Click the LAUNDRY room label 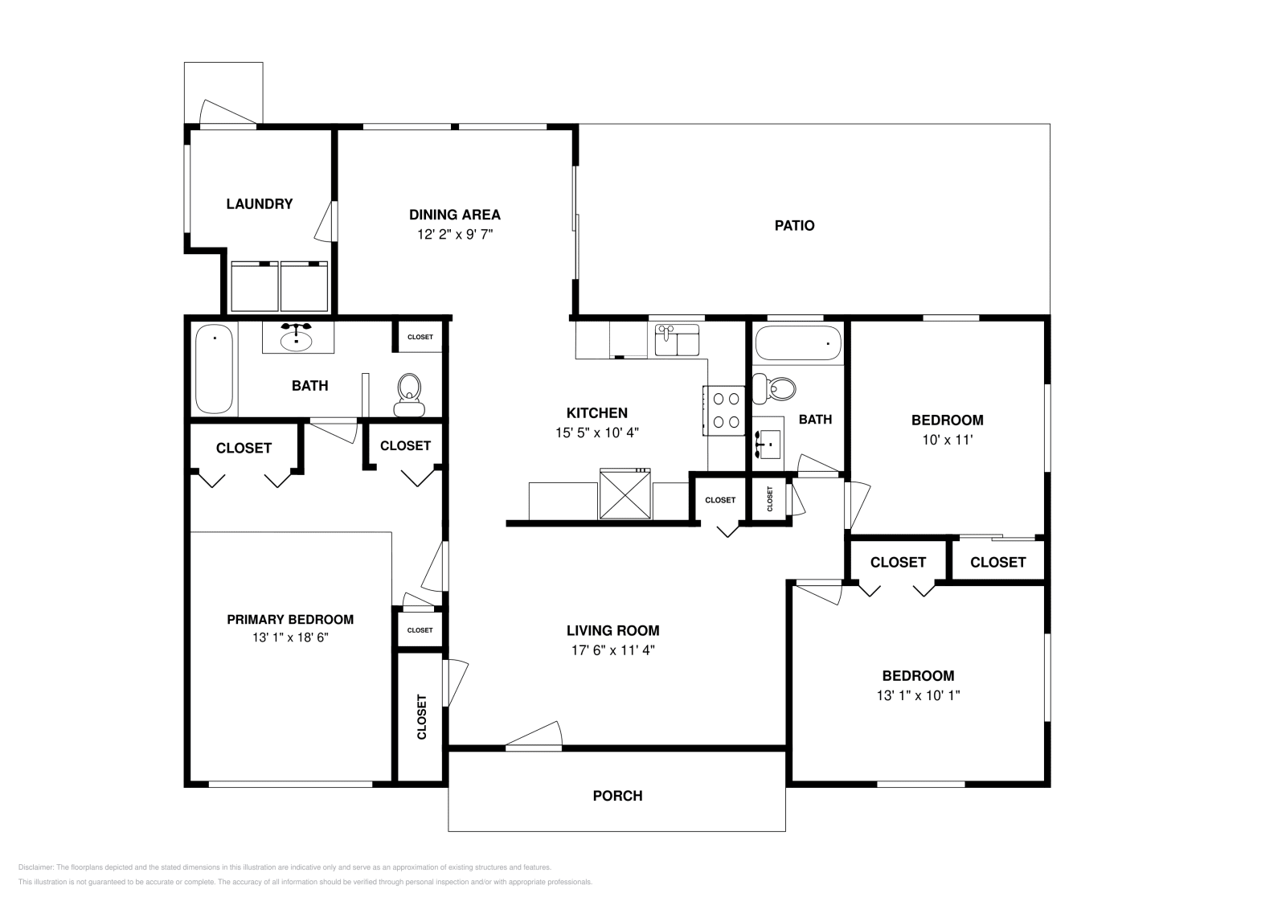[259, 204]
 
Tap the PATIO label [794, 226]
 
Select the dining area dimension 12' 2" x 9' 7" [454, 235]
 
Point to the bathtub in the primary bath [214, 368]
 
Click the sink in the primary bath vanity [297, 340]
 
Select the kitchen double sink [677, 341]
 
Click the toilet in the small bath [776, 388]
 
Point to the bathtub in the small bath [797, 343]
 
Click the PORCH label [617, 796]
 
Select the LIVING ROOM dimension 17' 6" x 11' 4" [612, 651]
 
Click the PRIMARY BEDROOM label [289, 620]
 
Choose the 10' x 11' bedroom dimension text [947, 440]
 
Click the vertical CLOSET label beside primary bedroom [422, 716]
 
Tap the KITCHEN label [596, 413]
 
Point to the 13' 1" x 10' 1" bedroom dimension [918, 695]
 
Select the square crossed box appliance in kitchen [625, 494]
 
